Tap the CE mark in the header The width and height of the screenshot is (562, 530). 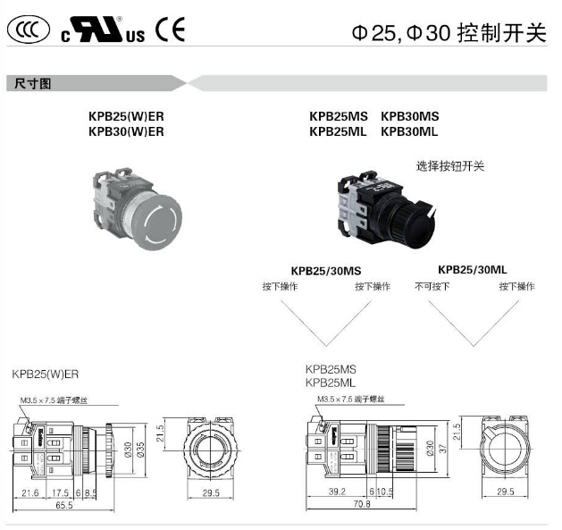(x=169, y=30)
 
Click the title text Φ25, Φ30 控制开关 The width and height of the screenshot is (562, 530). (x=449, y=33)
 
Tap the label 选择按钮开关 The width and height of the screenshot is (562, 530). (x=450, y=165)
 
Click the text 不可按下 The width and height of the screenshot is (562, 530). (x=432, y=287)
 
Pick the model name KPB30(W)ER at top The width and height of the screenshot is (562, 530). (x=127, y=131)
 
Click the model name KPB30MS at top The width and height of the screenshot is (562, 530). (x=409, y=116)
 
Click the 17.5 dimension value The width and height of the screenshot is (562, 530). (x=61, y=491)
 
